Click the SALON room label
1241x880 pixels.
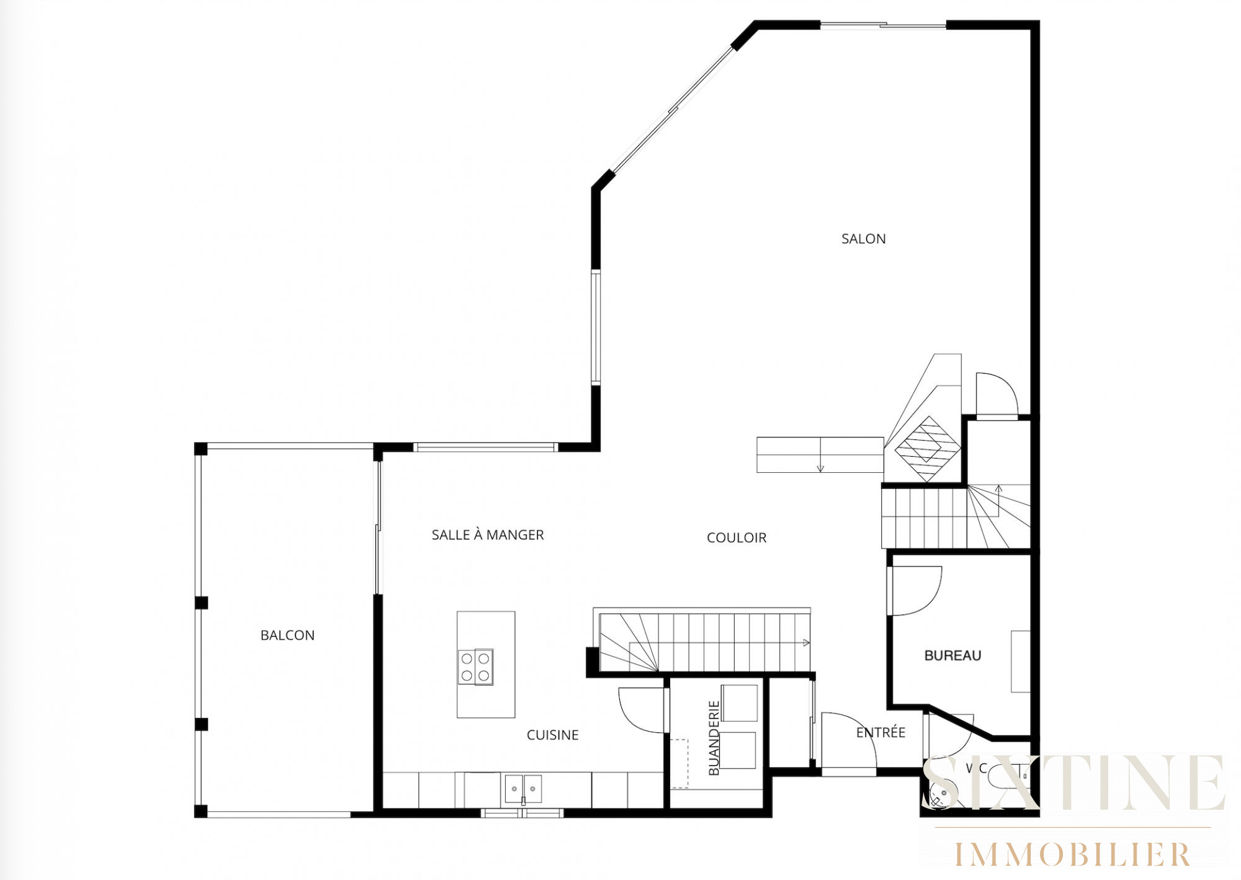click(863, 239)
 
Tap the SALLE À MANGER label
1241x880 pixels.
click(488, 535)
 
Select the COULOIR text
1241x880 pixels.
click(737, 538)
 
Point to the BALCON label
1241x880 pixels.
click(287, 635)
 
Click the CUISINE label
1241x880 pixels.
click(552, 735)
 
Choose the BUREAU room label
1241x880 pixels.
click(952, 656)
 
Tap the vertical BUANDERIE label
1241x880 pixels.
click(714, 738)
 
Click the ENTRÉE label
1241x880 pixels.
click(880, 733)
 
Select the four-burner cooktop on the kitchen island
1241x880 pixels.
click(476, 667)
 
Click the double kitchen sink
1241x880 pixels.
click(523, 789)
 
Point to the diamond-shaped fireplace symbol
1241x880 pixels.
click(928, 448)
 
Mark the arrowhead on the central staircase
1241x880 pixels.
click(806, 643)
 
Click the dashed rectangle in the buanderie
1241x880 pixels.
click(680, 763)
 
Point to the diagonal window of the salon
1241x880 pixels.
click(673, 110)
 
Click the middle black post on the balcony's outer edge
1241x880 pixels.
click(201, 603)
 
